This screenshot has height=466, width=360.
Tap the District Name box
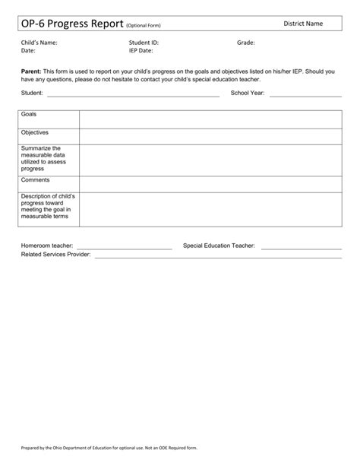[303, 24]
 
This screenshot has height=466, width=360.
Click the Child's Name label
[39, 43]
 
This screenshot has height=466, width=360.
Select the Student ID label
[145, 43]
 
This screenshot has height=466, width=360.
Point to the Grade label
[245, 43]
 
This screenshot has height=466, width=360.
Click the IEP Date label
[141, 50]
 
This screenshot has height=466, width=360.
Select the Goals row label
[30, 114]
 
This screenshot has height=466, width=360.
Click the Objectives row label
[35, 132]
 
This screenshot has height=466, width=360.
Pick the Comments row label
[36, 180]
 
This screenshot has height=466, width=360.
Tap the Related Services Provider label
[55, 255]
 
